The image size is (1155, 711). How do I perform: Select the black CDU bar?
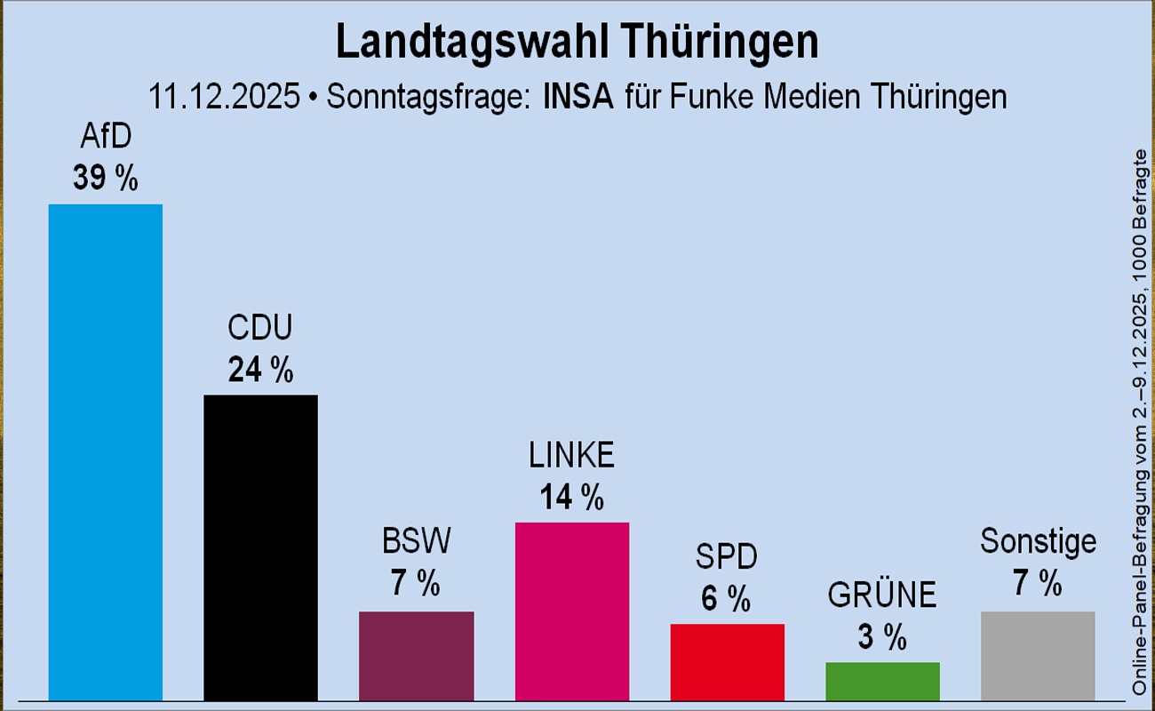(x=260, y=547)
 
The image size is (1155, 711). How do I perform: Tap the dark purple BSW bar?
(x=416, y=655)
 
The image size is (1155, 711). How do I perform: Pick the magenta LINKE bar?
(x=572, y=611)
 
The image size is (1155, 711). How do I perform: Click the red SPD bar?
(x=727, y=661)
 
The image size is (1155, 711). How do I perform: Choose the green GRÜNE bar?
(x=882, y=681)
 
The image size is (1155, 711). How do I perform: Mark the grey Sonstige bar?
(x=1038, y=655)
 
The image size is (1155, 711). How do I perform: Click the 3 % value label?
(x=882, y=637)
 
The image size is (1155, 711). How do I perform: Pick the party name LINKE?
(x=572, y=456)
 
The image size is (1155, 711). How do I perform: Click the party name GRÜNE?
(x=882, y=595)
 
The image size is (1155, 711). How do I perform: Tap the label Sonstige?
(x=1038, y=540)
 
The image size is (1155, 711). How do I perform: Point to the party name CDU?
(x=260, y=328)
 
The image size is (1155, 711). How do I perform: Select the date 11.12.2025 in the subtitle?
(x=224, y=96)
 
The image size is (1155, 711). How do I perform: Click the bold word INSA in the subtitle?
(x=578, y=96)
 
